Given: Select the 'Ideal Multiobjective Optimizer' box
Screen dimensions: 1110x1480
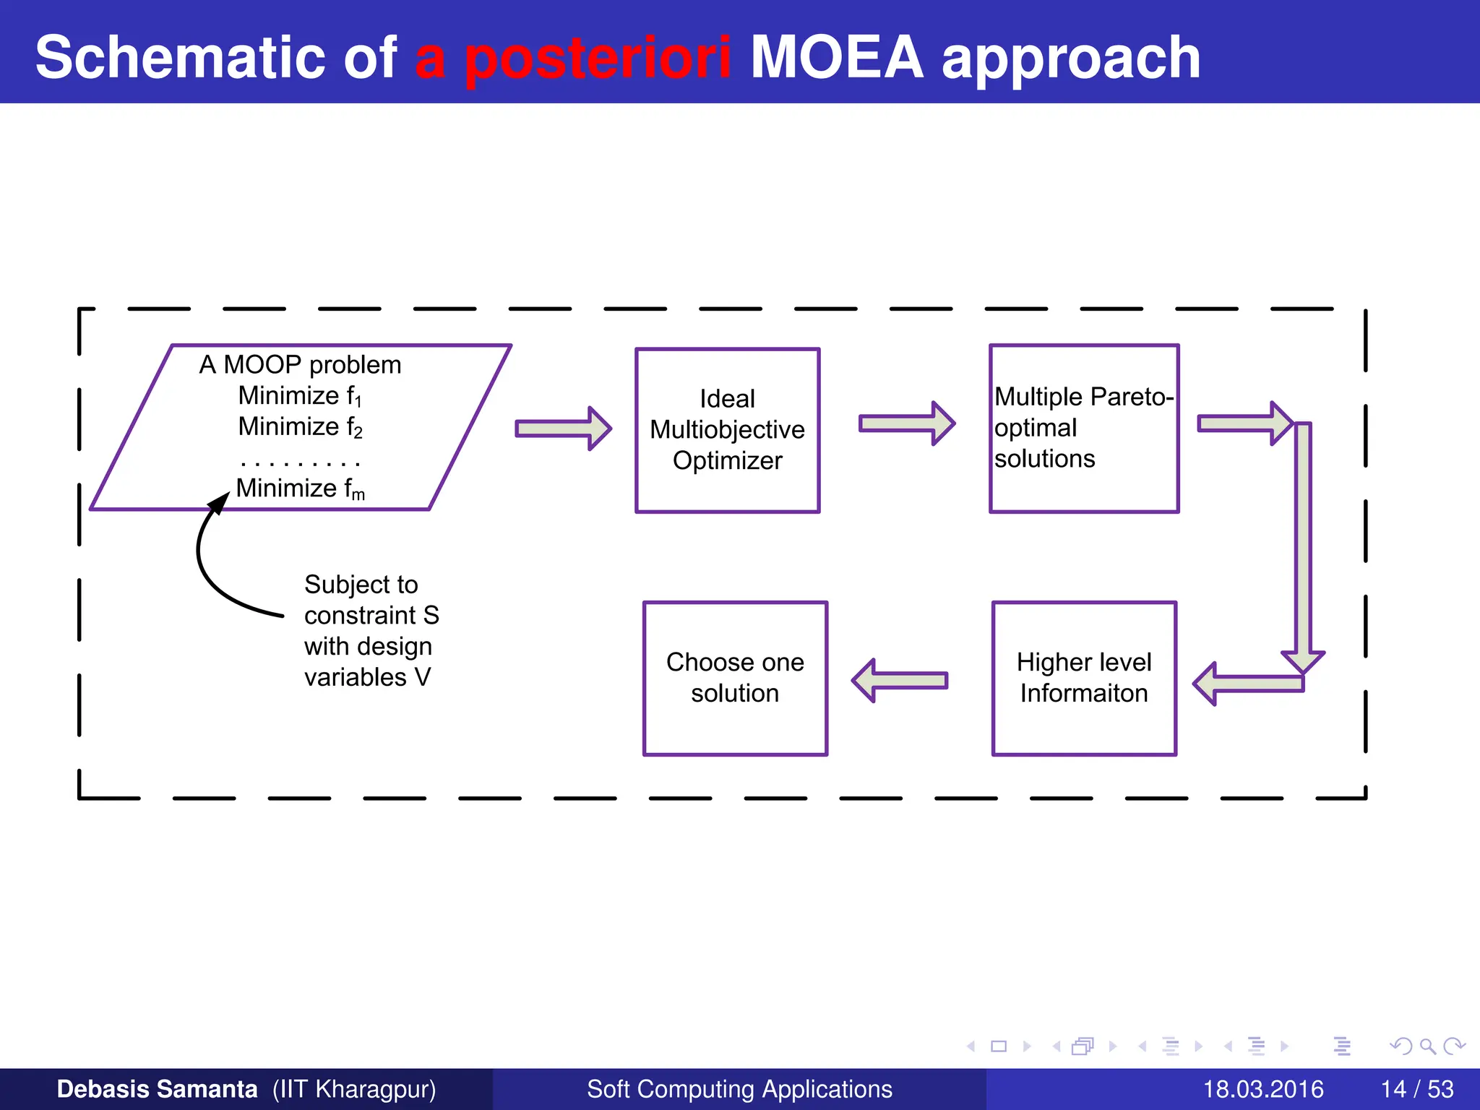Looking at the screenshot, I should pos(727,430).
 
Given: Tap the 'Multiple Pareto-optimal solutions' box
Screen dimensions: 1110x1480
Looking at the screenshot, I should pos(1083,429).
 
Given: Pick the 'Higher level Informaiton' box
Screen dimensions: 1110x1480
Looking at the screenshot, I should pos(1083,678).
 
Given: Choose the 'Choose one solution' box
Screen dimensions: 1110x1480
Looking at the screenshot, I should pos(735,678).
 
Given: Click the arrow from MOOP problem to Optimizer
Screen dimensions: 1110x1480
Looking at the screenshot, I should pos(563,429).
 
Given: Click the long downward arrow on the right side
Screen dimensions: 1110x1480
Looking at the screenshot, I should pos(1302,542).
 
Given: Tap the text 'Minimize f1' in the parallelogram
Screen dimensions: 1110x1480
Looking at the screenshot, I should pos(300,396).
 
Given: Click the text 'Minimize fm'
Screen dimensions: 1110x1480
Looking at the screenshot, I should pos(300,489).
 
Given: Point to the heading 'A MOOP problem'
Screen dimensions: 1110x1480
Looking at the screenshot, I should pos(300,364).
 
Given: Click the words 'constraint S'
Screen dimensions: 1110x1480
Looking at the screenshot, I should pos(371,615).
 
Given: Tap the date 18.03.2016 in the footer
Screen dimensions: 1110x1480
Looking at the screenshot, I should pos(1262,1089).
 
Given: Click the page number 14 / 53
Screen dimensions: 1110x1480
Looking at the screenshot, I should pos(1416,1089).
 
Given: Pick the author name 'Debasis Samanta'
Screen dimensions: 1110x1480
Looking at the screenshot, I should pos(157,1089).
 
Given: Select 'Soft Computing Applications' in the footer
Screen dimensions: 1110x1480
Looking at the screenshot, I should pos(739,1089).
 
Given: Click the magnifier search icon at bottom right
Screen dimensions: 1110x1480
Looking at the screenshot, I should pos(1427,1046).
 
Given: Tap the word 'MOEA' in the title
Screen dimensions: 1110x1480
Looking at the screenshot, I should pos(837,58).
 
